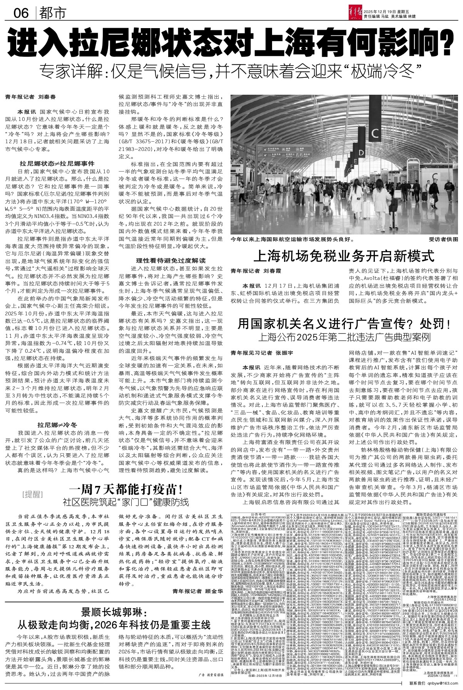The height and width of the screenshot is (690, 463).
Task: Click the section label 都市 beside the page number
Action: [x=52, y=14]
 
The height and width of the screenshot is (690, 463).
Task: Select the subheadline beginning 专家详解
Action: [x=231, y=70]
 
